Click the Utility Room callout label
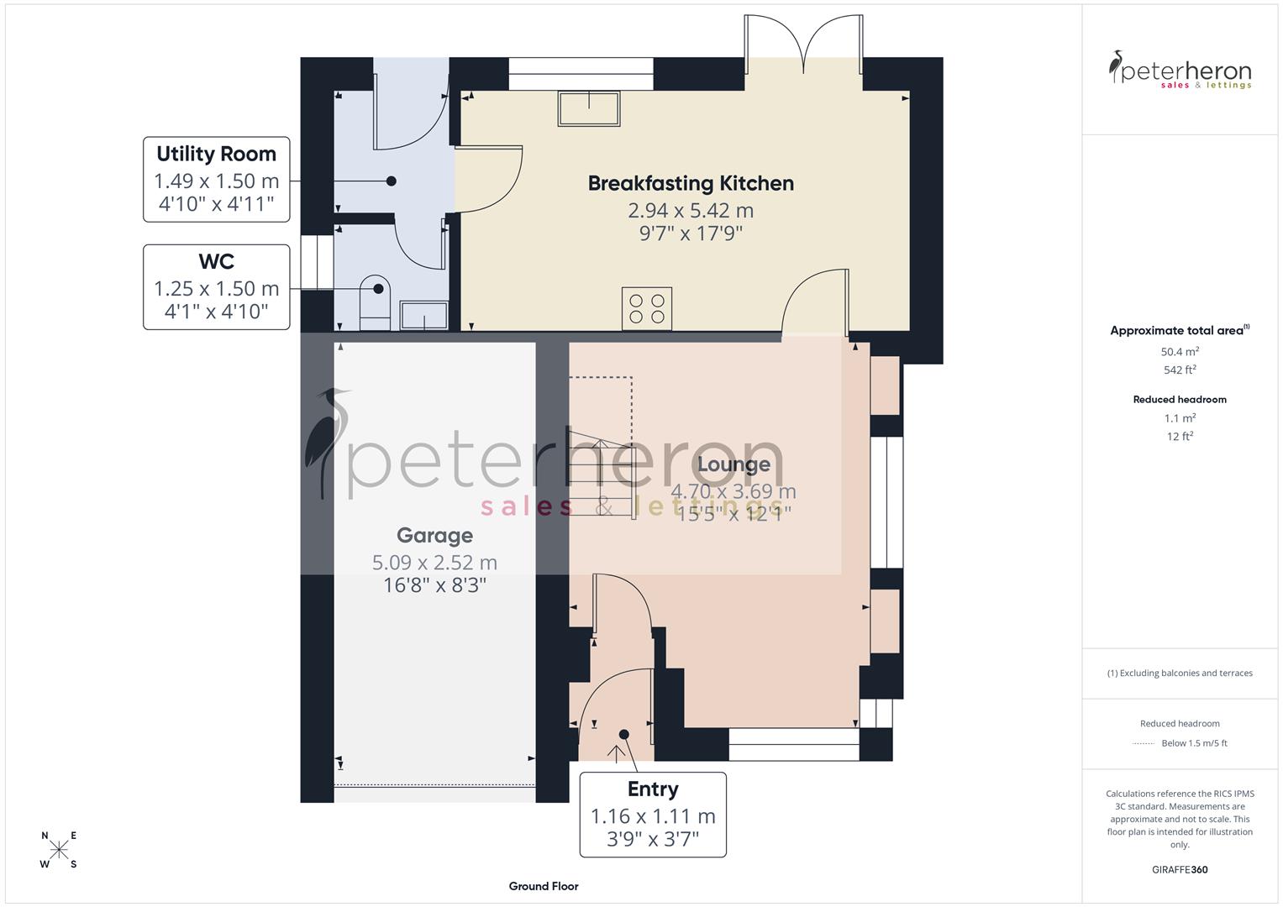(216, 155)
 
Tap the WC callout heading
(216, 262)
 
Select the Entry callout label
(653, 789)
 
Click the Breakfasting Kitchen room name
(691, 183)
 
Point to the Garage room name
(434, 536)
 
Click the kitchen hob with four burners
(647, 308)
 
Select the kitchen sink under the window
(589, 108)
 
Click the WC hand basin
(423, 316)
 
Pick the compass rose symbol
(59, 850)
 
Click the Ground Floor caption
(544, 886)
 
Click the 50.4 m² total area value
(1180, 352)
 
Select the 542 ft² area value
(1180, 370)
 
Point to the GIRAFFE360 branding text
(1180, 869)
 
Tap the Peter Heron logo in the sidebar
(1180, 70)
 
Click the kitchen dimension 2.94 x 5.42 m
(691, 210)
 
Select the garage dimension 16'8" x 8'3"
(434, 585)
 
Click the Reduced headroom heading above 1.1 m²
(1180, 399)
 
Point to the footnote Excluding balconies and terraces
(1180, 673)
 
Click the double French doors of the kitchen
(803, 44)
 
